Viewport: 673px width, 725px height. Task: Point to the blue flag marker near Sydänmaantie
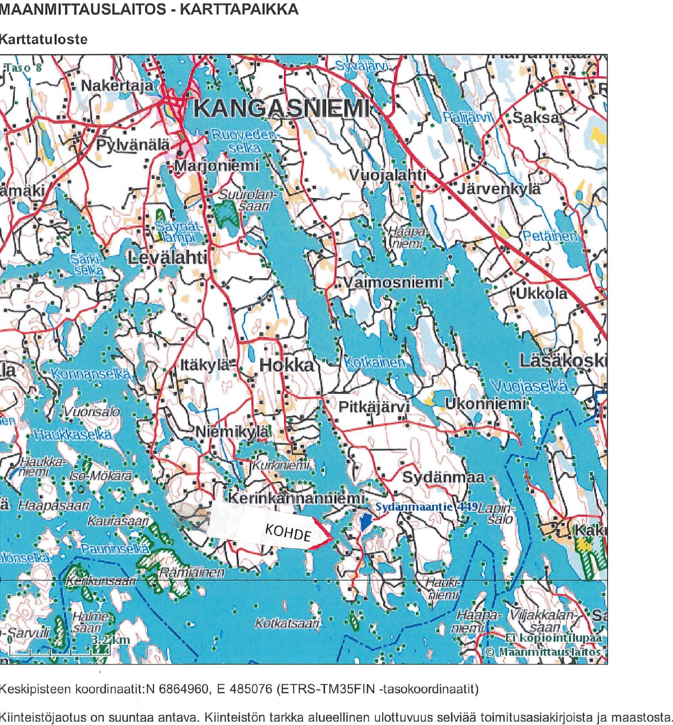click(x=364, y=523)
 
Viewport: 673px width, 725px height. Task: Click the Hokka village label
click(x=287, y=365)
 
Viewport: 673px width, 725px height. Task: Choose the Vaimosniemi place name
click(x=392, y=283)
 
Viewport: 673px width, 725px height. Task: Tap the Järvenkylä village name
click(x=499, y=189)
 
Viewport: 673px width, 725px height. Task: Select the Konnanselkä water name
click(x=91, y=375)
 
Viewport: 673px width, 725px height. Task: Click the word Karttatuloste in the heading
click(x=43, y=39)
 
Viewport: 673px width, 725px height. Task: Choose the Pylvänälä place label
click(x=132, y=145)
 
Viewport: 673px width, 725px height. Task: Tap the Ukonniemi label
click(x=485, y=404)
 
